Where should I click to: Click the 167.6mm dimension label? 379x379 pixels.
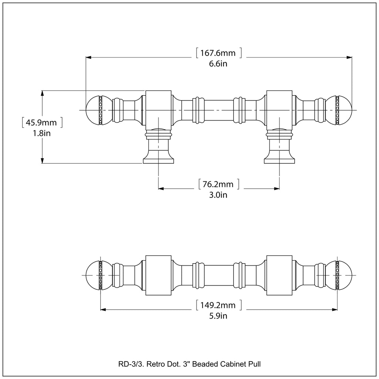(218, 53)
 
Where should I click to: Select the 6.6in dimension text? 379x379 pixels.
(218, 64)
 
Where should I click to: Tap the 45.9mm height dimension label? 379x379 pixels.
(41, 122)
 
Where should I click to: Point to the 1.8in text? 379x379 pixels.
(41, 133)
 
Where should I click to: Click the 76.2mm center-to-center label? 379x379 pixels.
(218, 184)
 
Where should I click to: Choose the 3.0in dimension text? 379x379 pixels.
(218, 195)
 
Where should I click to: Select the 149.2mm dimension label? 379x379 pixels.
(218, 305)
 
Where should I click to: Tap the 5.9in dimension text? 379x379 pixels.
(218, 316)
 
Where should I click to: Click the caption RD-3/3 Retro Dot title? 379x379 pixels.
(189, 364)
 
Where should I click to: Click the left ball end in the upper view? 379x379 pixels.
(93, 110)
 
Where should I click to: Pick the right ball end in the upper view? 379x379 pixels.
(345, 110)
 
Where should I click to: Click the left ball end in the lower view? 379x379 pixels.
(93, 276)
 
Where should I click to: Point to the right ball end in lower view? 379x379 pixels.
(345, 276)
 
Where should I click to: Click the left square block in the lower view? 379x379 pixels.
(158, 275)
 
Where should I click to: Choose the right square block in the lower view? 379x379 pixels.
(279, 275)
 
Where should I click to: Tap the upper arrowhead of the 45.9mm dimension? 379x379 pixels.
(43, 93)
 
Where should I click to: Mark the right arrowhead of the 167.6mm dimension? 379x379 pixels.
(349, 57)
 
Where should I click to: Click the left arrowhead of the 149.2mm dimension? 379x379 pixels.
(104, 309)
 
